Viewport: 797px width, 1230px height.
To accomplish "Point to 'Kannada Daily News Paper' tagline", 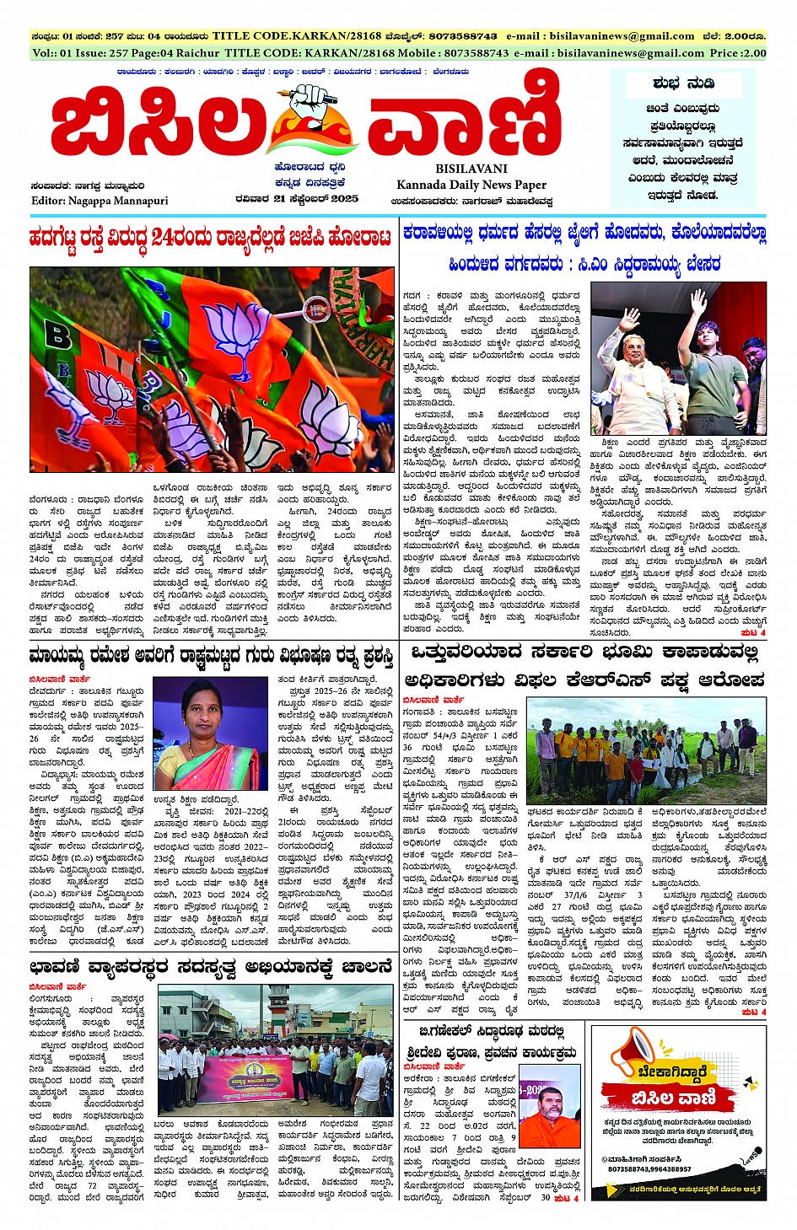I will tap(471, 185).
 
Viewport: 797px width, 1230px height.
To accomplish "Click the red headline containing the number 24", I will tap(210, 237).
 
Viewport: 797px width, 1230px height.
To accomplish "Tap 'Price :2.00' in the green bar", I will tap(738, 52).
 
